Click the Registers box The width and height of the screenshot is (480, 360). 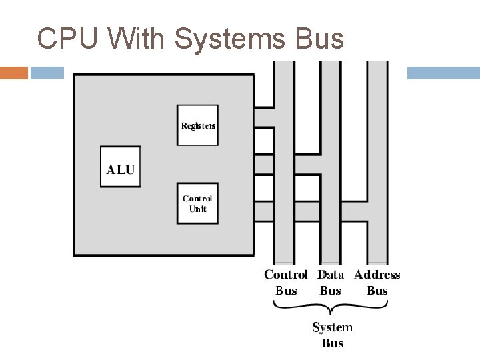[x=197, y=125]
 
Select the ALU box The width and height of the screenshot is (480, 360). [x=120, y=167]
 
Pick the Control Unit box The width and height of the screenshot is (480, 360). [x=197, y=203]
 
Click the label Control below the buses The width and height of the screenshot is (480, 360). [x=286, y=275]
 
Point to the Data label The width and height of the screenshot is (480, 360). [x=331, y=275]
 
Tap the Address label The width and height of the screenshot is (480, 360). [x=377, y=275]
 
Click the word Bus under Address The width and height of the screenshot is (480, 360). [x=377, y=291]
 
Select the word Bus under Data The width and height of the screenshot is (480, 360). [x=331, y=291]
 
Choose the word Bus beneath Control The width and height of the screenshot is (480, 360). [x=286, y=291]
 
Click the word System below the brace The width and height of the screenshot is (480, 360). [x=333, y=327]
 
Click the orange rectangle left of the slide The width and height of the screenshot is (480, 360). [x=14, y=72]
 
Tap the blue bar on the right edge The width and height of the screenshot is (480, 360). [x=443, y=72]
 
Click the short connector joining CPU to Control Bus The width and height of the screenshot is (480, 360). [x=264, y=117]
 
